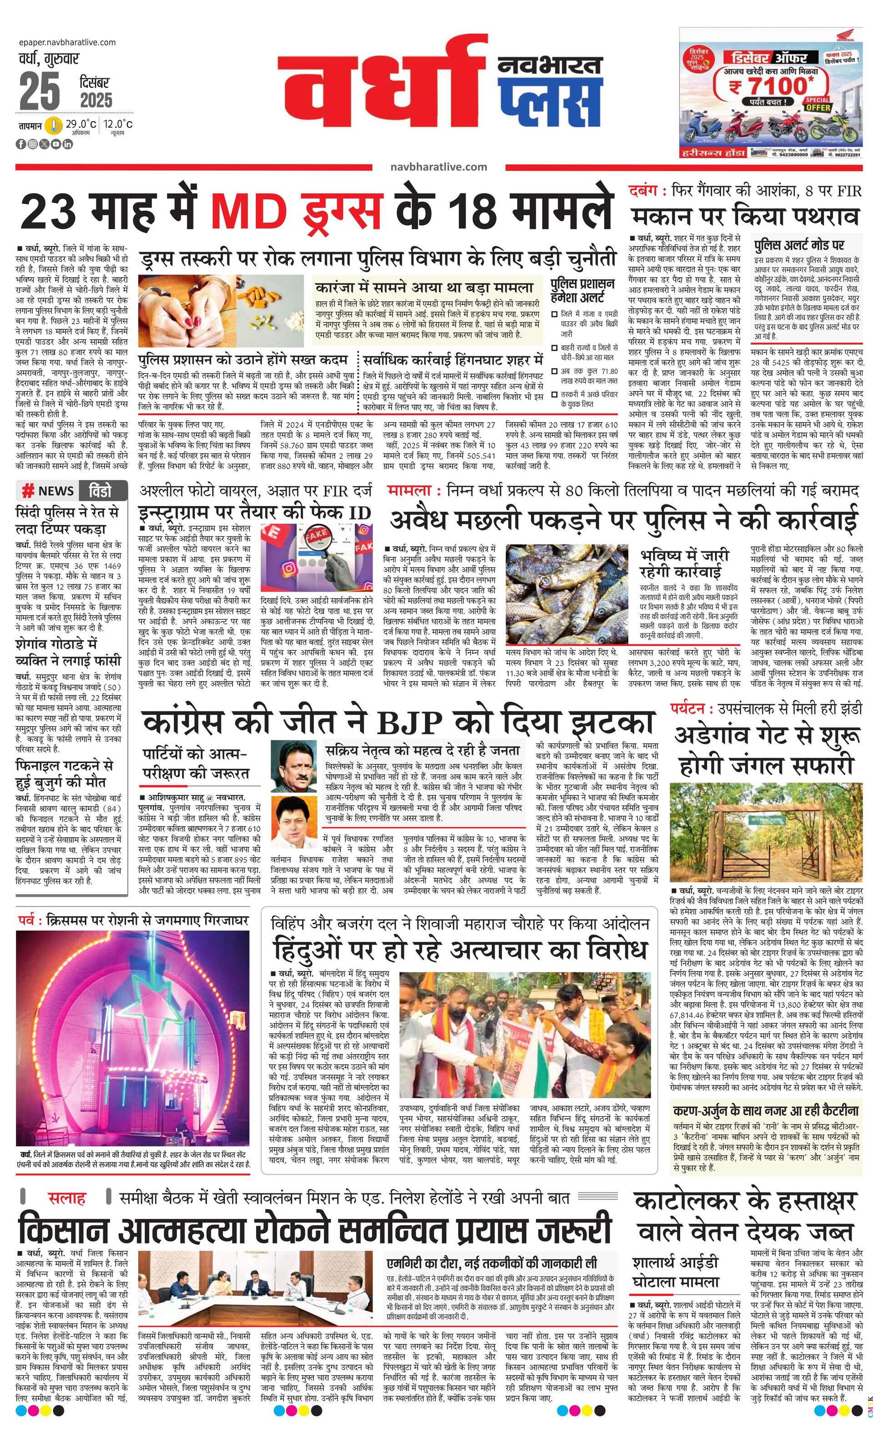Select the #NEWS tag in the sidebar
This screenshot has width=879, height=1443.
(48, 491)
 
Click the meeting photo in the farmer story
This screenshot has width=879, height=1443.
(258, 1283)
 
